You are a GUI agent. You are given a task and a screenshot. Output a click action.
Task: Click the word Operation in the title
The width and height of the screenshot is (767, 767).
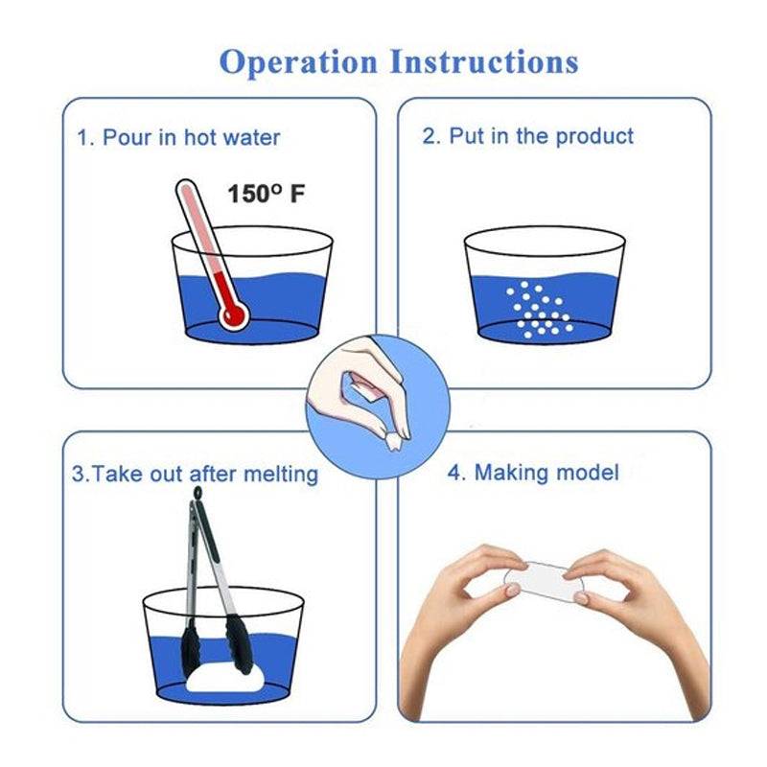point(299,63)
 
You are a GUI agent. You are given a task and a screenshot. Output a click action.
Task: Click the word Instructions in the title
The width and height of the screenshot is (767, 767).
point(484,61)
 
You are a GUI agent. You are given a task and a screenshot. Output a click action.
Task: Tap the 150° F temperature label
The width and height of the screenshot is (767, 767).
point(267,194)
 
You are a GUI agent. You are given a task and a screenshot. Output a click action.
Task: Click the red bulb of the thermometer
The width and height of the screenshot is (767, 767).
point(233,314)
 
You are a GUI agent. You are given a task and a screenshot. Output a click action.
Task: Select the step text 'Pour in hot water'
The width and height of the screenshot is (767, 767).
point(191,137)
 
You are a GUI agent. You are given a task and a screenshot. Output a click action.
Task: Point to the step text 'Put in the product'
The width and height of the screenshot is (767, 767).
point(541,136)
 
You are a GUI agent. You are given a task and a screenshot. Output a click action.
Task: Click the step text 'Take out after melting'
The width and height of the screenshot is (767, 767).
point(204,475)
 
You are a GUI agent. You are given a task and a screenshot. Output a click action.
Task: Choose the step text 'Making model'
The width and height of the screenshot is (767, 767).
point(546,473)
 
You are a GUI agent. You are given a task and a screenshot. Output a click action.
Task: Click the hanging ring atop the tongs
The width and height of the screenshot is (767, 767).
point(198,492)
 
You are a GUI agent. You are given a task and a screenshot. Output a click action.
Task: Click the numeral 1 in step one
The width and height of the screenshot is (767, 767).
point(82,138)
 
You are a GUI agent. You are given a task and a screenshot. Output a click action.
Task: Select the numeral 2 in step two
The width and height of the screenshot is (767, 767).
point(429,136)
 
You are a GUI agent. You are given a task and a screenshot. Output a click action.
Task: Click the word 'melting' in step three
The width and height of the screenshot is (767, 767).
point(281,475)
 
